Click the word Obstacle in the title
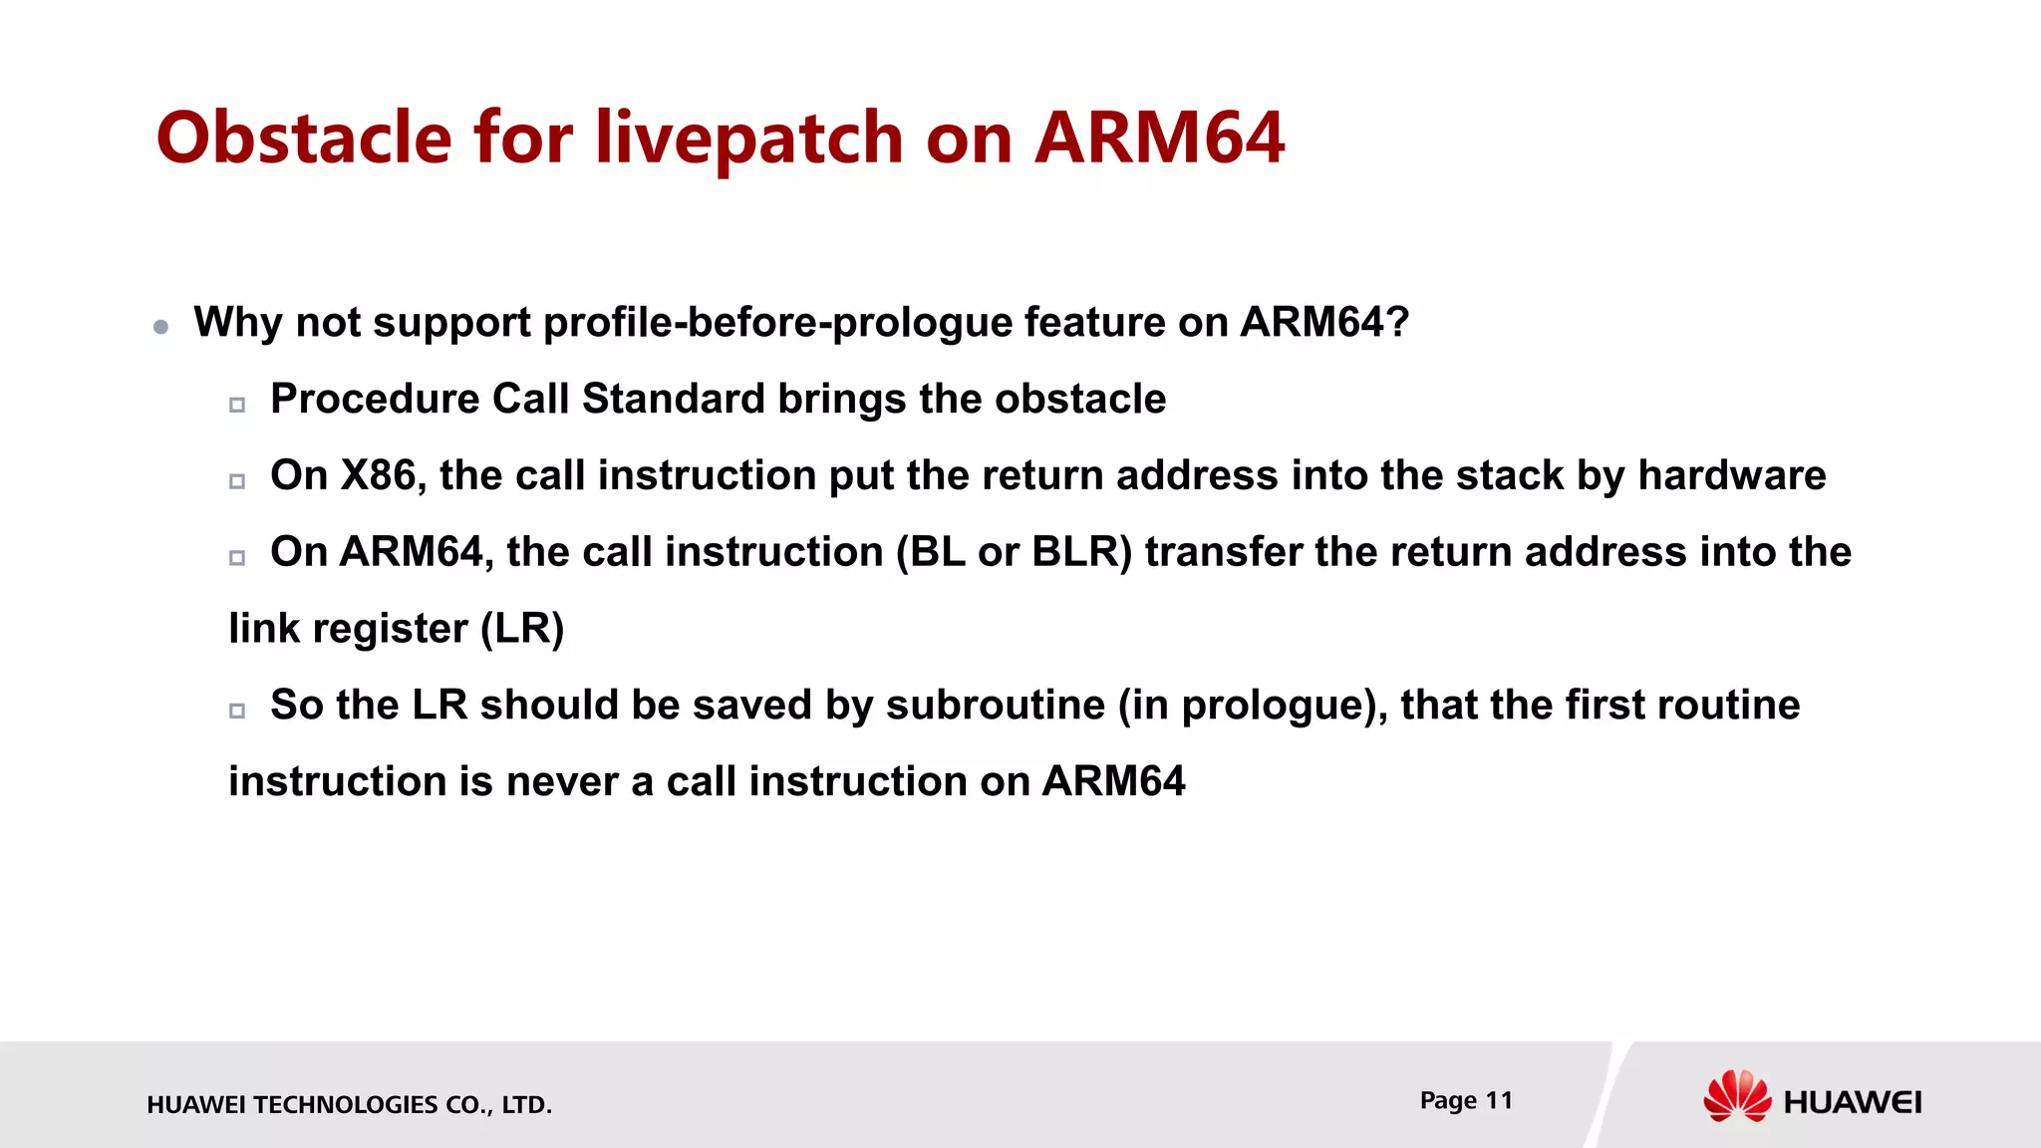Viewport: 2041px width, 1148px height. pos(304,138)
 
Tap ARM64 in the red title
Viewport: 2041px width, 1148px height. pos(1159,138)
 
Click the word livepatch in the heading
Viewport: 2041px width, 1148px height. pos(748,138)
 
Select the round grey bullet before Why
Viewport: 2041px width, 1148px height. pos(161,327)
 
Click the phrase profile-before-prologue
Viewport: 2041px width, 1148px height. pos(776,323)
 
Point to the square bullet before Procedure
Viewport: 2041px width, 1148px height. pos(237,405)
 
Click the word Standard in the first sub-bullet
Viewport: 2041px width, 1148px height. pos(674,399)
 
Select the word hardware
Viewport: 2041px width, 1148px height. pos(1731,475)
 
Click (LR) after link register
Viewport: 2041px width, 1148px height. pos(522,629)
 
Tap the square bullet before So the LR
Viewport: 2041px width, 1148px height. pos(237,711)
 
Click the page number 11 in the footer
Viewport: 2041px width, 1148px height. pos(1498,1100)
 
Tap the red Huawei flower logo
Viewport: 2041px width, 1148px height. pos(1736,1096)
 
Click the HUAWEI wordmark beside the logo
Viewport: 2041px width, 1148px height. pos(1852,1102)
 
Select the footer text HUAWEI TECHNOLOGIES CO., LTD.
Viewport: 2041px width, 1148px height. pos(349,1104)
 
